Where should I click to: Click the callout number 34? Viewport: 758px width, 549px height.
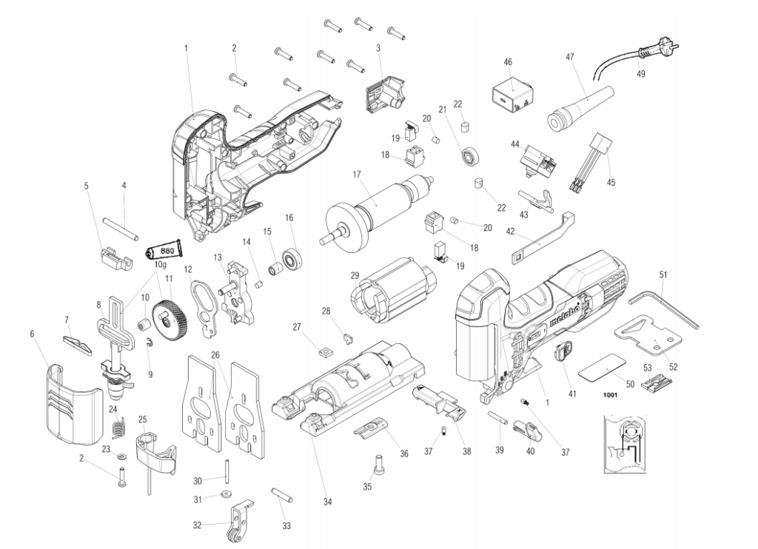click(x=328, y=502)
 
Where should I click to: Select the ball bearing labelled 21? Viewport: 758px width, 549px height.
click(x=468, y=156)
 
